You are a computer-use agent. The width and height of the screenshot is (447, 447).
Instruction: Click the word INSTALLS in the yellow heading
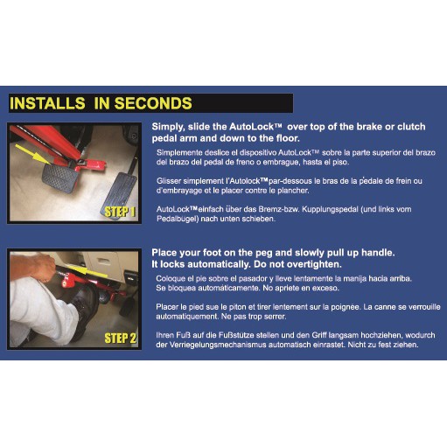[x=47, y=103]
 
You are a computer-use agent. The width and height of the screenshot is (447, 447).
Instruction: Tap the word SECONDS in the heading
[x=153, y=103]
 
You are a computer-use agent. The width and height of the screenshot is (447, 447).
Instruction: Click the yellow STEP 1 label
[x=120, y=212]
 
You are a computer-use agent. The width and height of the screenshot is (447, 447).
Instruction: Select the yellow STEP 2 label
[x=121, y=339]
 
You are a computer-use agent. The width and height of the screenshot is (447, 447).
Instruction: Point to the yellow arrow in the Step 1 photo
[x=32, y=154]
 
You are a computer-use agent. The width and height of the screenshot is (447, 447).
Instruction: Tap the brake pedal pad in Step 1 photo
[x=60, y=178]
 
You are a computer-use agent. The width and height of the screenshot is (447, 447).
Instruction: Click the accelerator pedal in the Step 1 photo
[x=120, y=194]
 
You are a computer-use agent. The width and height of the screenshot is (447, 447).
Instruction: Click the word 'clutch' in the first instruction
[x=410, y=127]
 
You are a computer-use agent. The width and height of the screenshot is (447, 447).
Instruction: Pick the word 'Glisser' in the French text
[x=166, y=181]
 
